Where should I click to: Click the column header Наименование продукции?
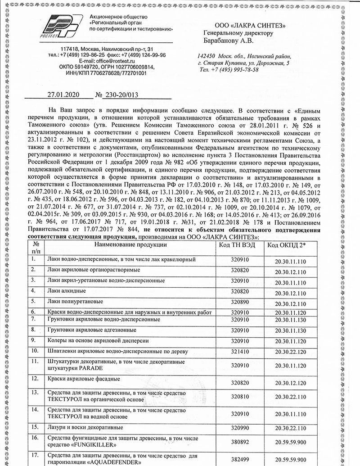pos(130,244)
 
